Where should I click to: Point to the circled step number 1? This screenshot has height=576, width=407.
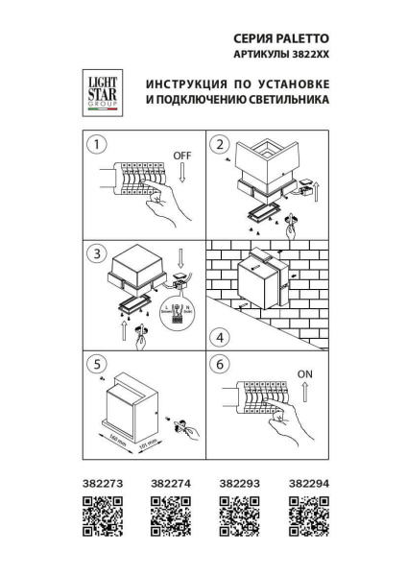[94, 145]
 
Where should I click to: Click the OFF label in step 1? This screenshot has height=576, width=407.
[182, 155]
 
